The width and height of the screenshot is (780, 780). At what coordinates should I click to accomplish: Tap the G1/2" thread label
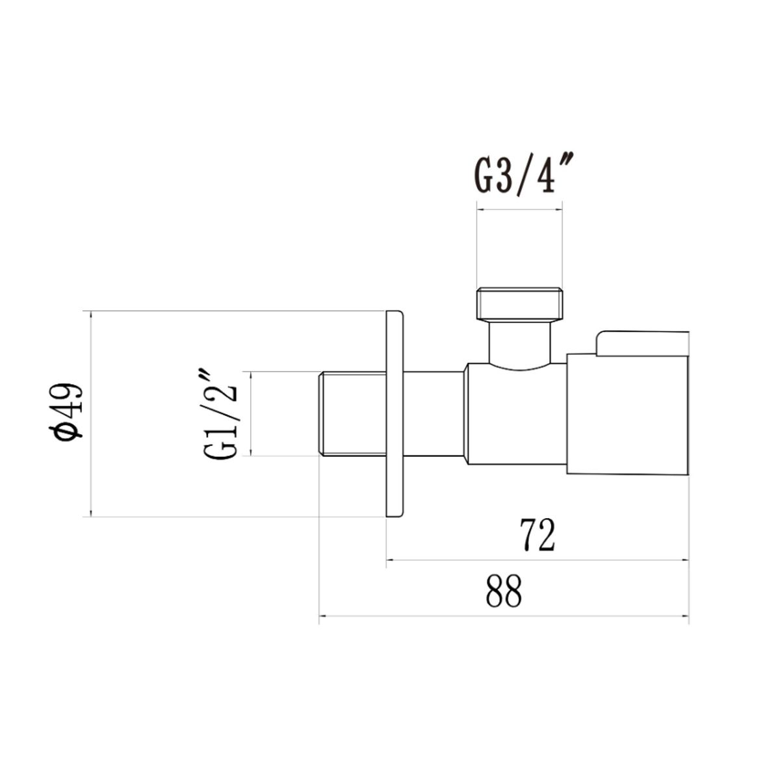pos(220,413)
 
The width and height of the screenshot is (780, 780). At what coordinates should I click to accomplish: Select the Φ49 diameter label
pos(66,411)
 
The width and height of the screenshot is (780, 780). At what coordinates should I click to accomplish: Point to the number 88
pos(504,591)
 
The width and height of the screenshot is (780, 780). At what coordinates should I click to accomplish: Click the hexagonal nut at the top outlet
pos(520,304)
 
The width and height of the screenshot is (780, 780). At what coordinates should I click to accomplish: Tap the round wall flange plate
pos(395,413)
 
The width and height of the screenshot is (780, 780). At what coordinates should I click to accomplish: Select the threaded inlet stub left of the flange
pos(352,413)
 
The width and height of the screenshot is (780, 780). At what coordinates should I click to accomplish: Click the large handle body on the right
pos(627,414)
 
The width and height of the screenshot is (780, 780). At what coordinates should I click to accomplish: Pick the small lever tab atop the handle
pos(642,344)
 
